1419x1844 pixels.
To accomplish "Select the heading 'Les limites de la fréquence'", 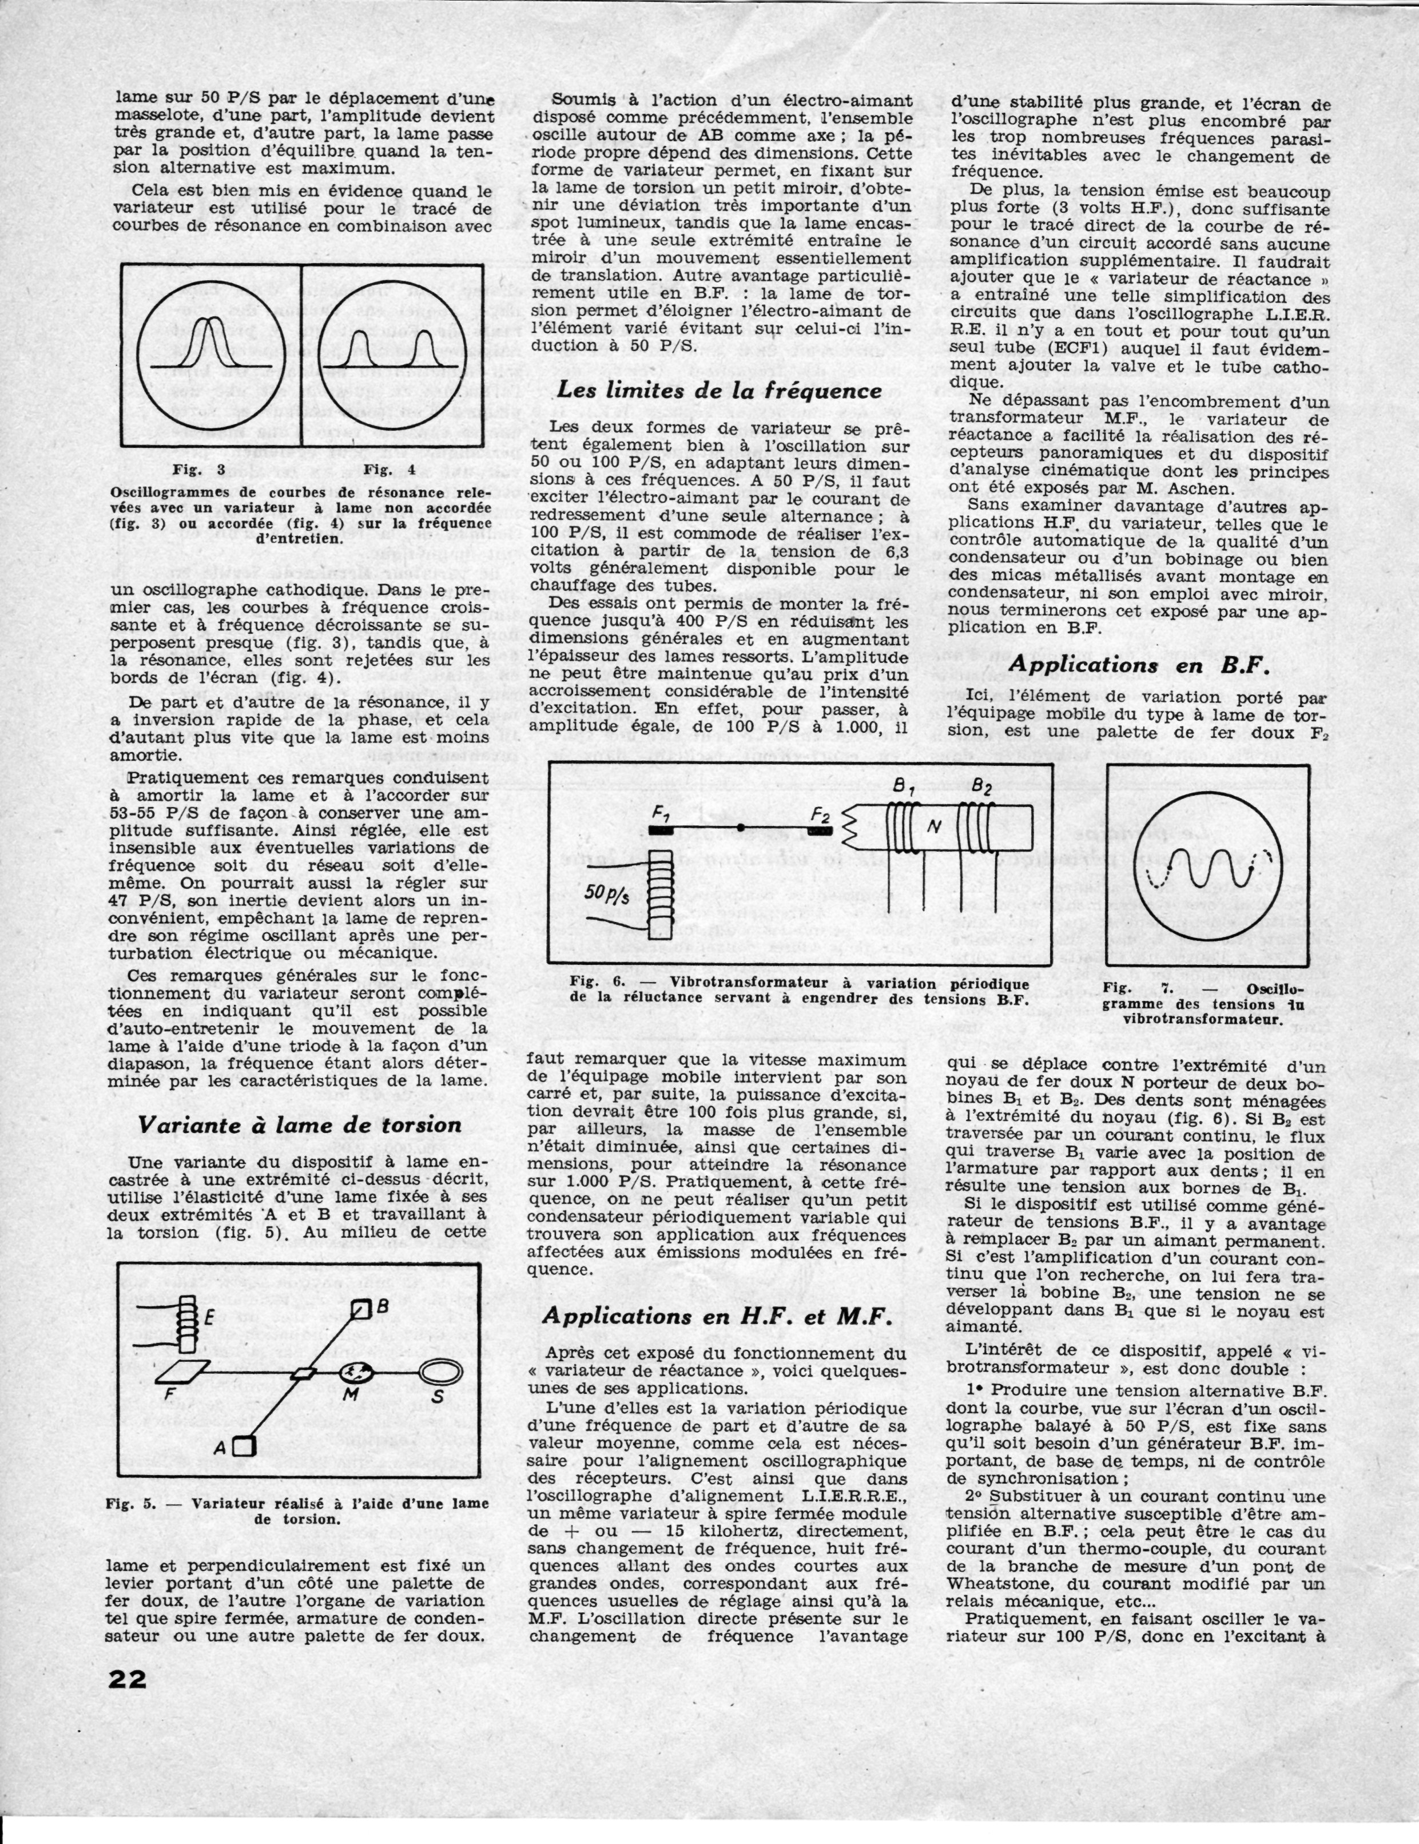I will pyautogui.click(x=719, y=390).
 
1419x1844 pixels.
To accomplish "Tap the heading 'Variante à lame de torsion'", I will pyautogui.click(x=300, y=1124).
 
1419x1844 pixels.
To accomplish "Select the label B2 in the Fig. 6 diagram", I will pyautogui.click(x=981, y=788).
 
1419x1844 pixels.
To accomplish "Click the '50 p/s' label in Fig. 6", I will pyautogui.click(x=606, y=893).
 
